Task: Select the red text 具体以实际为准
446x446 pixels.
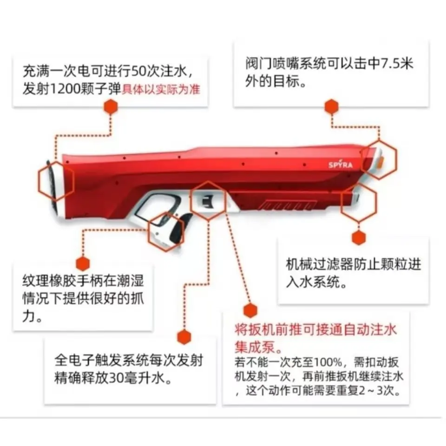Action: (x=161, y=89)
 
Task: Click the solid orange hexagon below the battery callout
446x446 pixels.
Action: (x=111, y=107)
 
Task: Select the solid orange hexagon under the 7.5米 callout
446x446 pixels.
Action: (x=331, y=107)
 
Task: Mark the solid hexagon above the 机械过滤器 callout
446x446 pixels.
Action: (x=359, y=237)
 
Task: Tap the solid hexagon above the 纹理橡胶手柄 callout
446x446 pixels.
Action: (x=82, y=263)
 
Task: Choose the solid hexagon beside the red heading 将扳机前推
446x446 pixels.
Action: (x=250, y=310)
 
